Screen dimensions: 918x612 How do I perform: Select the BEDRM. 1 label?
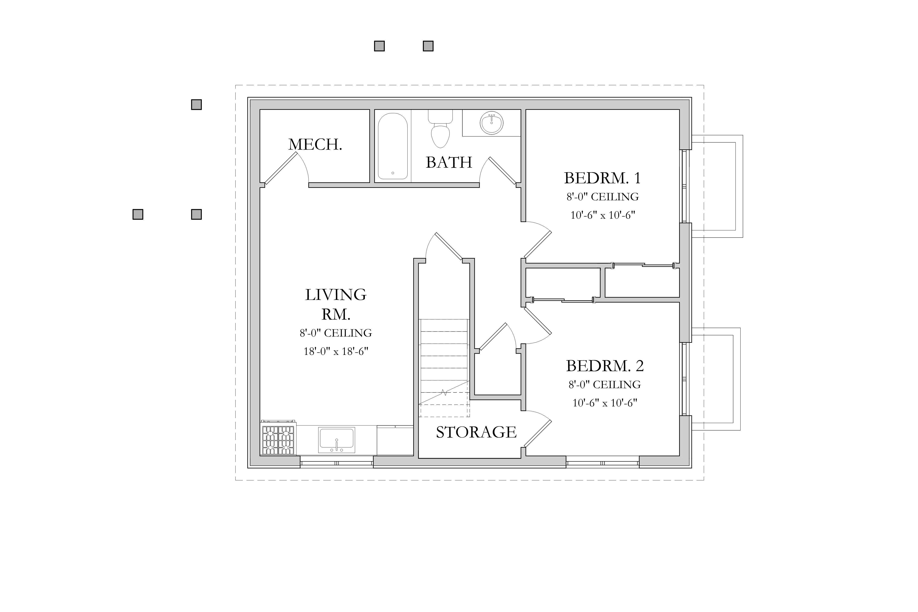[x=602, y=178]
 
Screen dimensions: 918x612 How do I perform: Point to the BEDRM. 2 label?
[x=605, y=366]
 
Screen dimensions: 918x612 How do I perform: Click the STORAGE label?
[x=476, y=432]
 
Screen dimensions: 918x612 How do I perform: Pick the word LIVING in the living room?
[x=336, y=295]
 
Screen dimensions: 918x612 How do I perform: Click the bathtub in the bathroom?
[x=393, y=146]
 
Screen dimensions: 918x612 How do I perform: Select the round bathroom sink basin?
[x=491, y=123]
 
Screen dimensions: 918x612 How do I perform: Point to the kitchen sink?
[x=336, y=440]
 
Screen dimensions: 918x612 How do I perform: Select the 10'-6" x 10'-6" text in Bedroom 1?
[x=603, y=215]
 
